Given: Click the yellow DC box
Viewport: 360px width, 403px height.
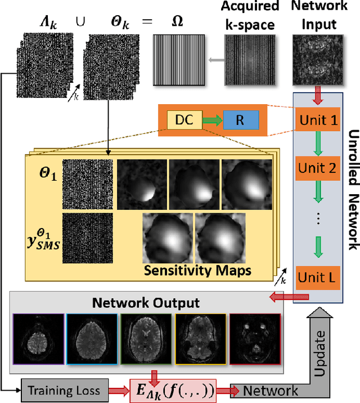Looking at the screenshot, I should (181, 120).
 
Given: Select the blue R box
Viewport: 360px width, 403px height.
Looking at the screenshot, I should (241, 120).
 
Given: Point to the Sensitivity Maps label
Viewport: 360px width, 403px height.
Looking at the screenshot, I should (197, 271).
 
